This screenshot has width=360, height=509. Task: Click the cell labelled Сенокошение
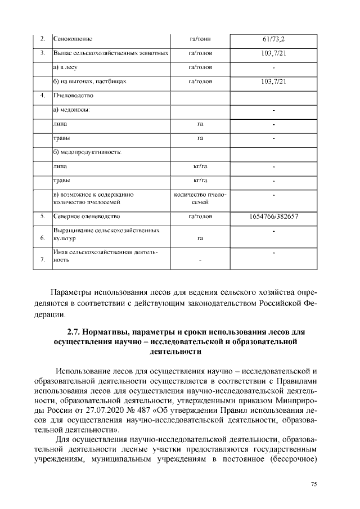tap(73, 39)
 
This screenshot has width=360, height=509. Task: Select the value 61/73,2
tap(273, 39)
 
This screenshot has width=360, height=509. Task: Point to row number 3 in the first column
tap(43, 53)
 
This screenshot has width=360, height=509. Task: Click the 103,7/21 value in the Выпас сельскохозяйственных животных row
tap(273, 53)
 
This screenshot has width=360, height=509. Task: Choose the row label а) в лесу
tap(65, 67)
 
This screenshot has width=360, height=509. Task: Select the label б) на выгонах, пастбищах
tap(89, 82)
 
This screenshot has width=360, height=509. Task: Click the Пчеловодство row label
tap(73, 96)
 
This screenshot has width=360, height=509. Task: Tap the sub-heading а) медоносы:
tap(72, 110)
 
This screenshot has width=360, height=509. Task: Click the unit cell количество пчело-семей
tap(200, 198)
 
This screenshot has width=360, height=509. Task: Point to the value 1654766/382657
tap(273, 216)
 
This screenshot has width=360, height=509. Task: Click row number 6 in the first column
tap(43, 238)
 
